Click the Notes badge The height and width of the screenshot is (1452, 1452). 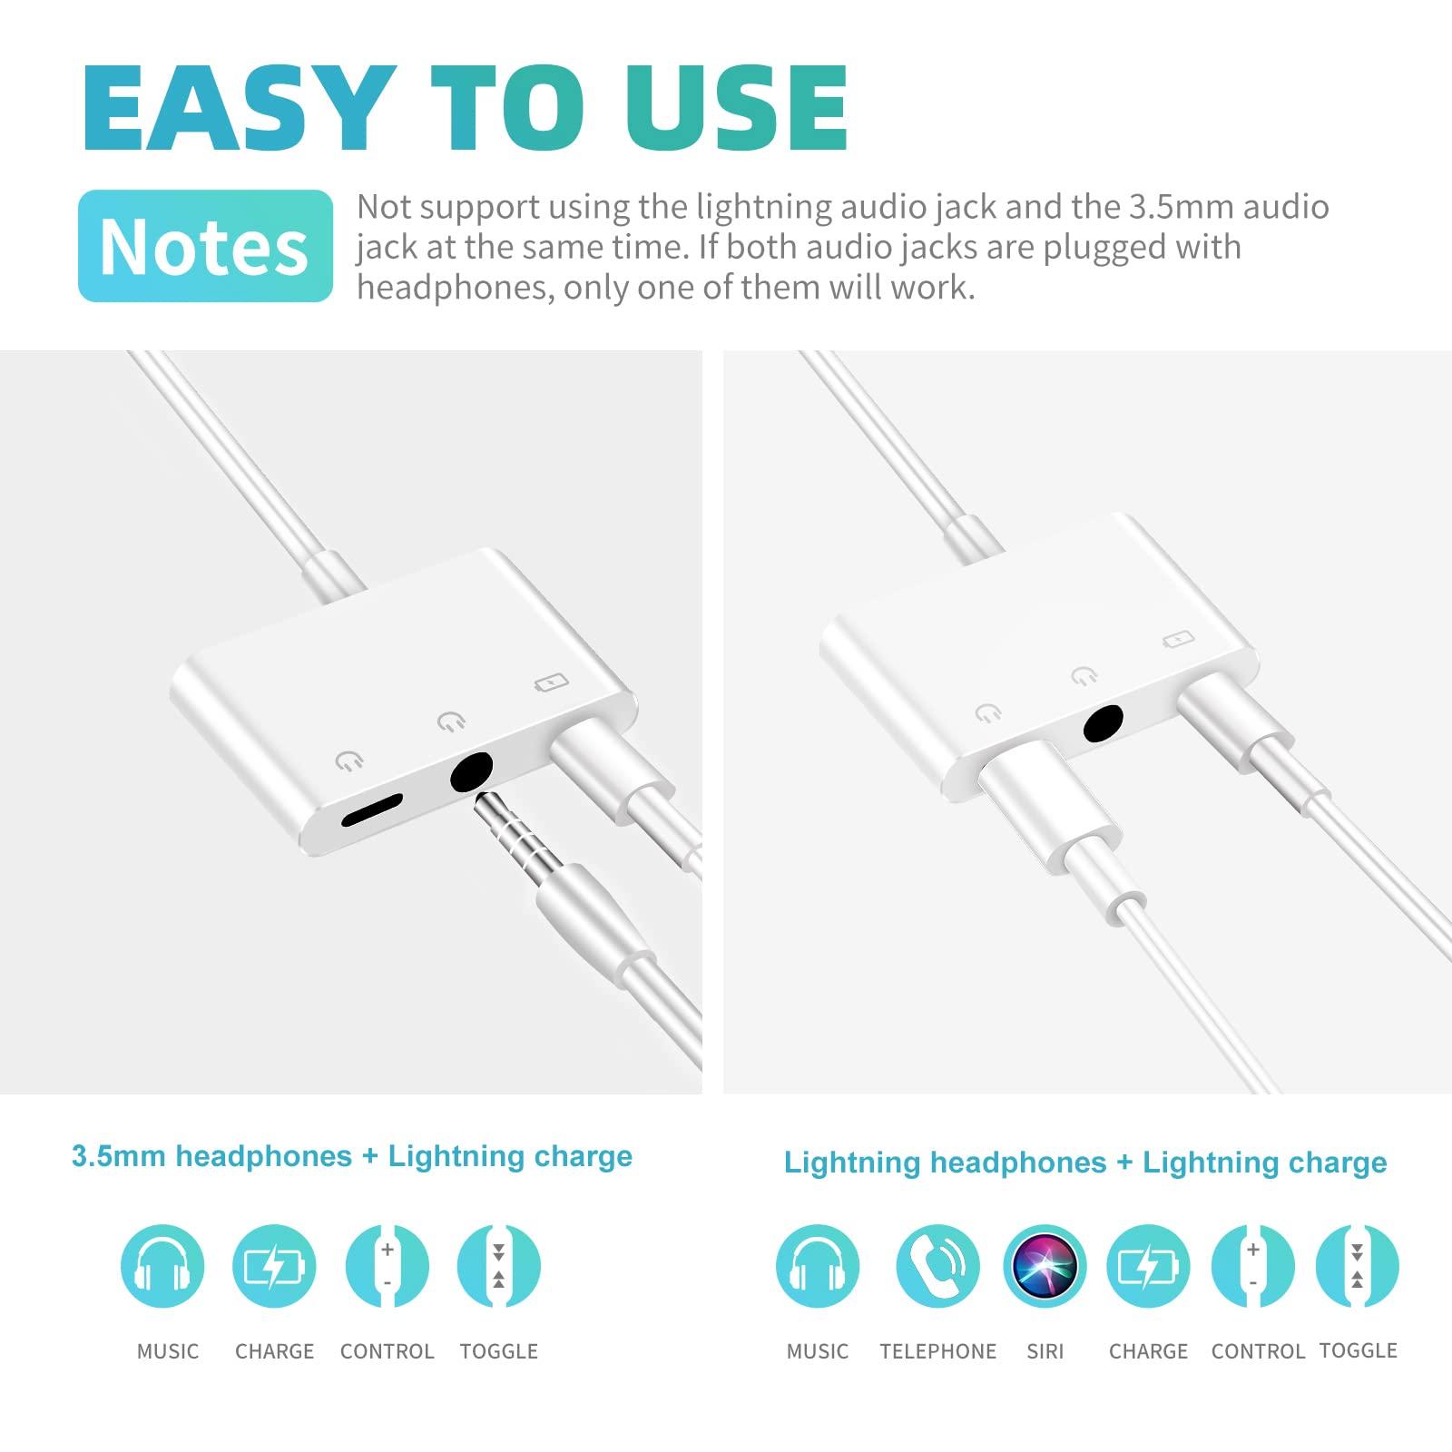point(205,246)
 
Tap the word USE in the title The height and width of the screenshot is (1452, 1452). point(736,108)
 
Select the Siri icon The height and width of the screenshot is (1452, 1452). point(1045,1266)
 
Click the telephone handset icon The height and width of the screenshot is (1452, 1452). point(937,1266)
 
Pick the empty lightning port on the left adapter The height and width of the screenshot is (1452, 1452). point(372,810)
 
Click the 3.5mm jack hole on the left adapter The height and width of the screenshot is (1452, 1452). point(471,775)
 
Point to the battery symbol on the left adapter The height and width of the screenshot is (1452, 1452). point(551,681)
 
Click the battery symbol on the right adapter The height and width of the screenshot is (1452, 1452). point(1179,640)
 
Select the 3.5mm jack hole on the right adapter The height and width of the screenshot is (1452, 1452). point(1104,726)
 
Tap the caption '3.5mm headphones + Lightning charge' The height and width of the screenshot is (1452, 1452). point(352,1156)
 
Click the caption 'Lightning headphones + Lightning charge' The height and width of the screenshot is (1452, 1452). point(1085,1163)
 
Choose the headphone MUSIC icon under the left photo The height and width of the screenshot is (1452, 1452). point(162,1266)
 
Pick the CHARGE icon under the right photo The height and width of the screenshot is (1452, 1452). point(1148,1266)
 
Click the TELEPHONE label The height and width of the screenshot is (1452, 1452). point(937,1351)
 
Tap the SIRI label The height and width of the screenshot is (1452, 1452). point(1045,1351)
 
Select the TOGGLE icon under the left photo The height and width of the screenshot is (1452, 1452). point(498,1266)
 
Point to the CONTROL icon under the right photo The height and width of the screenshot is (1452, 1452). point(1253,1266)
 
